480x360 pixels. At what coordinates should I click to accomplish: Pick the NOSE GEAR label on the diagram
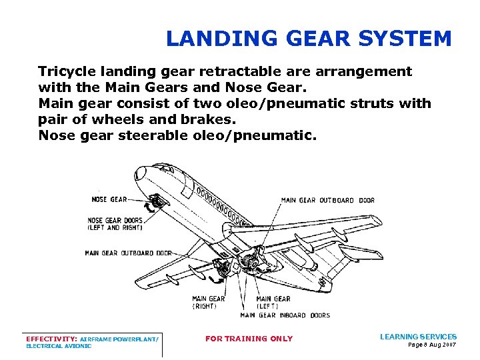tap(109, 199)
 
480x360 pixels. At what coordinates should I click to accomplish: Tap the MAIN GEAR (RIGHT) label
tap(208, 303)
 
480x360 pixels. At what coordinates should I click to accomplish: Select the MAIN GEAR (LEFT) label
tap(273, 303)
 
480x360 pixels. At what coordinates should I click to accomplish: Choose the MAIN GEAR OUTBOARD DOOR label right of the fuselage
tap(327, 200)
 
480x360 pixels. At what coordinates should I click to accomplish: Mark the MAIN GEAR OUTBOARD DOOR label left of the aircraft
tap(128, 253)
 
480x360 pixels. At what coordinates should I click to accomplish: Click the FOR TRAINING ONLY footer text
tap(249, 339)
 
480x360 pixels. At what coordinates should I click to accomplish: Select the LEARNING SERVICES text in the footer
tap(418, 337)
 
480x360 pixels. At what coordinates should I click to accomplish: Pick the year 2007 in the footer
tap(448, 345)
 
